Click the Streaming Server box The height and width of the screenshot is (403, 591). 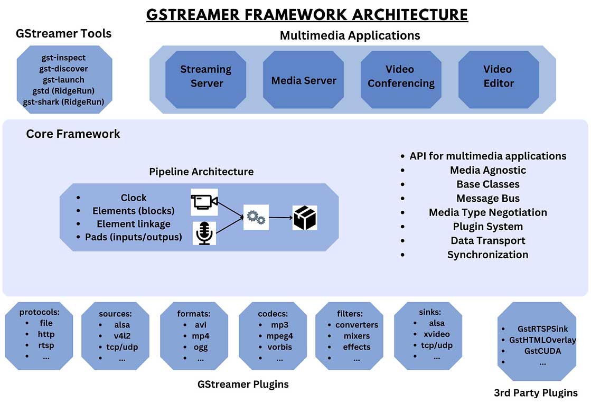206,77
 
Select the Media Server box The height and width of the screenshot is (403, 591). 304,81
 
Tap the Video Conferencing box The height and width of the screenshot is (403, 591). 401,77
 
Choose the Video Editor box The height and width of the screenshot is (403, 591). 498,77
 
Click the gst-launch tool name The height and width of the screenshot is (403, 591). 63,80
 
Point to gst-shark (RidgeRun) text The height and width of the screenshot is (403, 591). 63,102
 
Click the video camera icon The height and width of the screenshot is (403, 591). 204,202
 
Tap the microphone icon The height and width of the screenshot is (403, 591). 204,233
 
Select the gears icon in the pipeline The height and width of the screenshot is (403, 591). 256,217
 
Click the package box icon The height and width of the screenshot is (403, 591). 305,218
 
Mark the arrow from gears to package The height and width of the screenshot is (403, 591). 280,217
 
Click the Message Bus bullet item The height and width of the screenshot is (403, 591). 487,199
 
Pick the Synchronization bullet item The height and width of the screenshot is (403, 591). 487,255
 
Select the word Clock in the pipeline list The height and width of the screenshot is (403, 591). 133,198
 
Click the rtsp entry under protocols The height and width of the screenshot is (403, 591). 46,345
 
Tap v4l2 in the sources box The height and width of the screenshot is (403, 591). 122,336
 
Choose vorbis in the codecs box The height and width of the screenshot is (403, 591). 279,347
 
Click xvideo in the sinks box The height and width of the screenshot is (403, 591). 436,334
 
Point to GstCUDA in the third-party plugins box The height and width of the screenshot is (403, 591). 542,351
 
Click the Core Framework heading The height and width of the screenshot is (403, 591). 73,134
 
